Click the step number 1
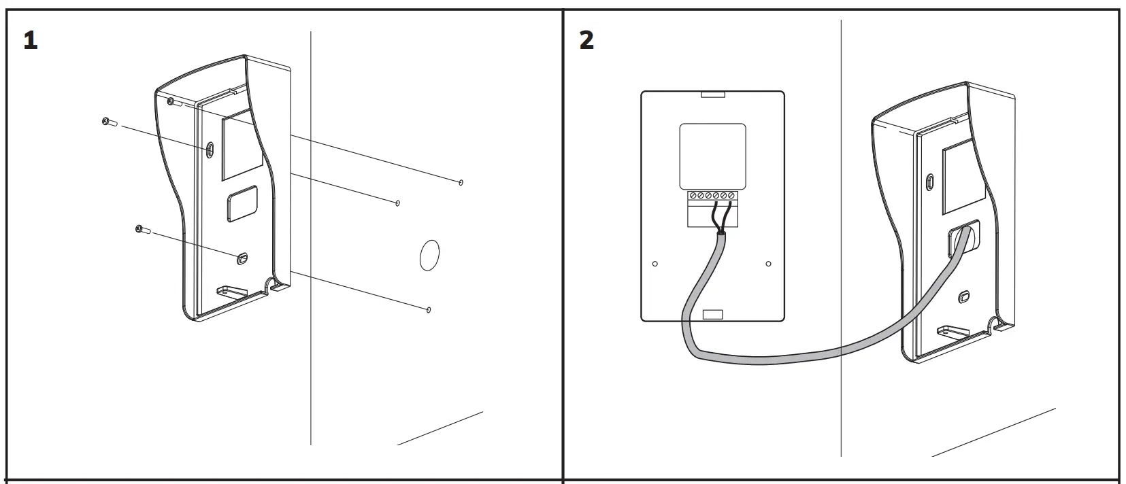pos(30,40)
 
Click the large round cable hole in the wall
pos(428,256)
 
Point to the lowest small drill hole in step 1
pos(428,310)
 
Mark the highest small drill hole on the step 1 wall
pos(461,182)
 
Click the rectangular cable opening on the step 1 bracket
pos(242,203)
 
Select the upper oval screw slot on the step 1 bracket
pos(210,148)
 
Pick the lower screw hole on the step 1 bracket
pos(242,258)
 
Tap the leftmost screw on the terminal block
pos(693,196)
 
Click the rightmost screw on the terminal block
pos(731,196)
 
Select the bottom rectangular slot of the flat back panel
pos(712,314)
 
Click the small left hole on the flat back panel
pos(655,264)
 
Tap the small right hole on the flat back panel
pos(769,264)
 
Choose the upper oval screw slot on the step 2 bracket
pos(931,182)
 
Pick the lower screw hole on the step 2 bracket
pos(963,296)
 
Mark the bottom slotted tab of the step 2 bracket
pos(953,332)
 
